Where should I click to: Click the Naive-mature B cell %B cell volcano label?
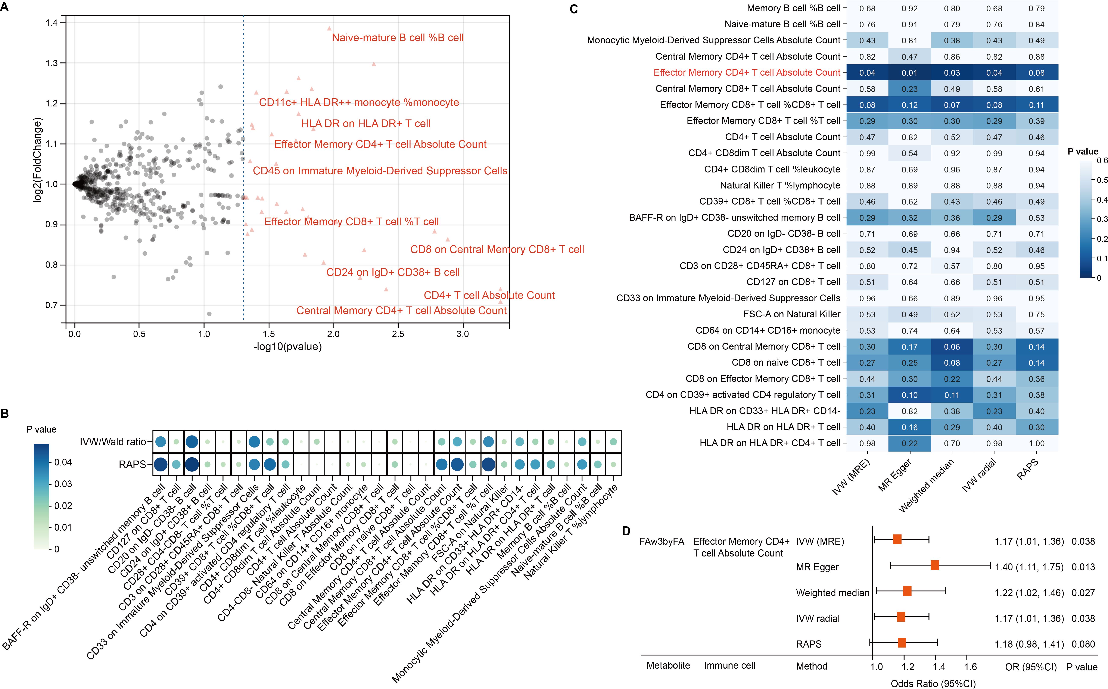point(398,38)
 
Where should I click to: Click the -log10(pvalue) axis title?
point(287,347)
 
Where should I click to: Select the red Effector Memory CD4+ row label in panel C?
point(747,72)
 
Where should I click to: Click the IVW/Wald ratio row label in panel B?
point(113,442)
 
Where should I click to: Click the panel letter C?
point(574,9)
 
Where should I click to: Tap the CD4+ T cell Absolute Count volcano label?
point(489,295)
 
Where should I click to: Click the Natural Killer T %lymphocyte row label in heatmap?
point(780,185)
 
